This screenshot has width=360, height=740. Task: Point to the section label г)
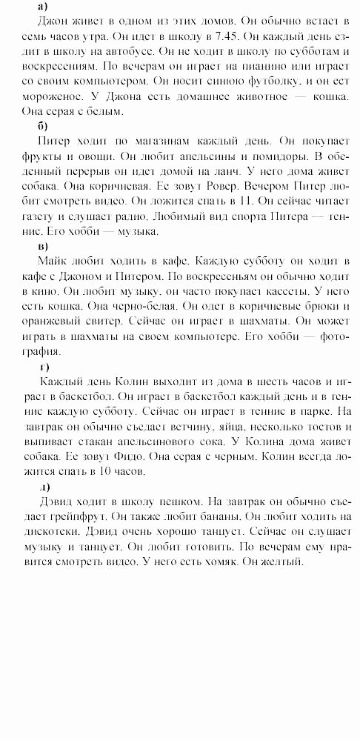click(x=44, y=367)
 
